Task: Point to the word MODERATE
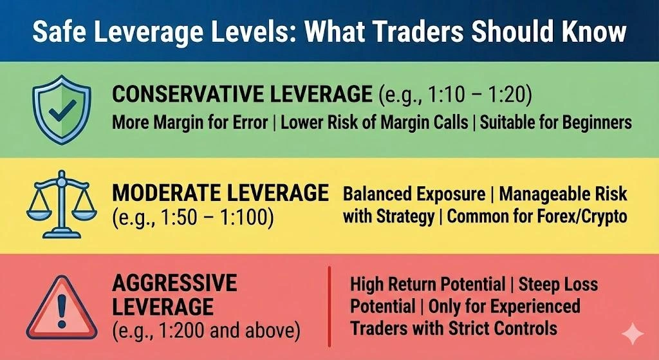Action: [x=166, y=193]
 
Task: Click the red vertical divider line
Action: [x=329, y=305]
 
